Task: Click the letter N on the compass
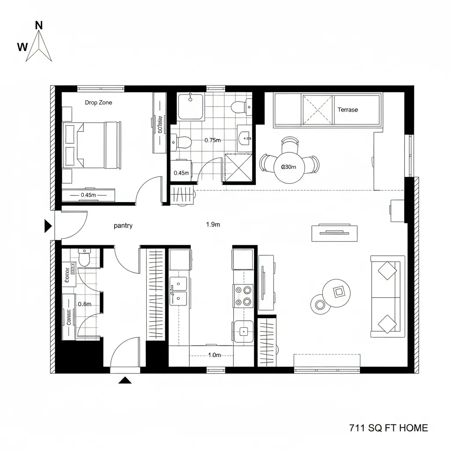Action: (x=39, y=25)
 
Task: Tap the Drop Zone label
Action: (x=98, y=102)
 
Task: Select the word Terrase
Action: (x=348, y=109)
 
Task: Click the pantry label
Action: (x=123, y=225)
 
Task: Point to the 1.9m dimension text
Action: (x=213, y=225)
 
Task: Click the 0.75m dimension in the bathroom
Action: (x=213, y=140)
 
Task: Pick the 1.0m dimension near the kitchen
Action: (x=214, y=355)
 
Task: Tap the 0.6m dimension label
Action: (x=84, y=304)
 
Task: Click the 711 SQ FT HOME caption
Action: (x=388, y=428)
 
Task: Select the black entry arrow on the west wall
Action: (x=48, y=226)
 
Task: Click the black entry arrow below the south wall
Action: (x=125, y=380)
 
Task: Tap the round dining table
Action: (x=289, y=167)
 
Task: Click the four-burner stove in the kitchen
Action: (x=243, y=296)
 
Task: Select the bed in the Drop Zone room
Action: (x=92, y=145)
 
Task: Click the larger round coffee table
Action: (x=337, y=291)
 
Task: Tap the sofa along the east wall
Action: (x=387, y=296)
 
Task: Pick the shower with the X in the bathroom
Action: (x=238, y=167)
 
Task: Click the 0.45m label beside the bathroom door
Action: (x=181, y=173)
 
